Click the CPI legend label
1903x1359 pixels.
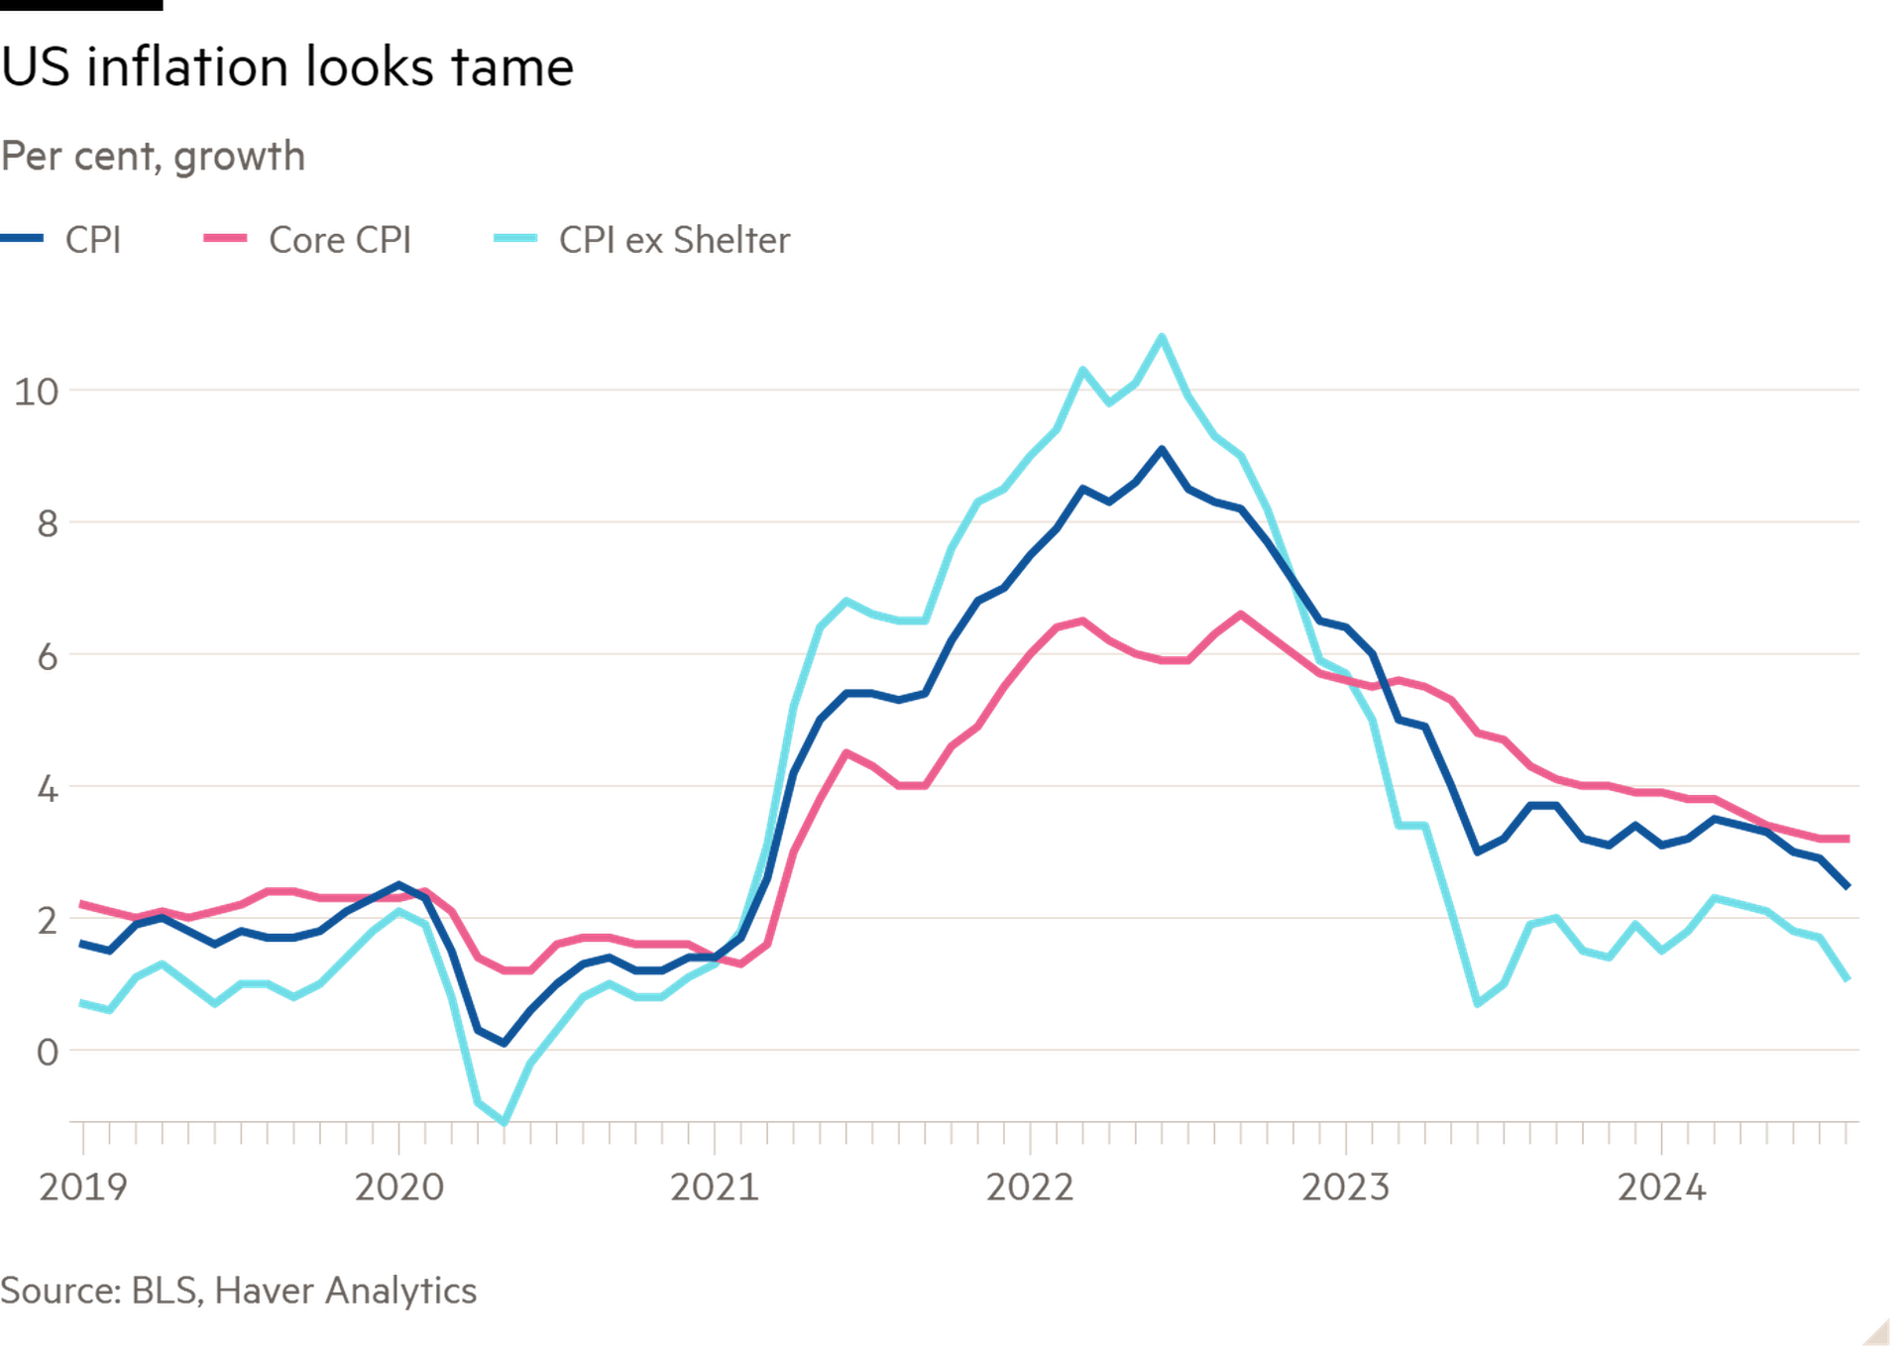[93, 240]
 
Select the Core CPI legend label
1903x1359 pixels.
[339, 240]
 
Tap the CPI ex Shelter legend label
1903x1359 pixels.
[674, 240]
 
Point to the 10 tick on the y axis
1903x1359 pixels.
[37, 392]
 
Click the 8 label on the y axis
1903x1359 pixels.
[47, 523]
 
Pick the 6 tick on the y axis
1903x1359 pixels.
[47, 656]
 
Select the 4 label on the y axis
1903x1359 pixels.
[47, 789]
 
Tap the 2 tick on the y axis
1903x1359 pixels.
[47, 921]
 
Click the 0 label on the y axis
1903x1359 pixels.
[47, 1052]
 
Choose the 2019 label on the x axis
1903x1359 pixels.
[82, 1187]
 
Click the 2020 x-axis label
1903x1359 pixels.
[398, 1187]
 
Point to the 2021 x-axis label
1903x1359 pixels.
[715, 1187]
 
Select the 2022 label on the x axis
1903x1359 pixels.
[1030, 1187]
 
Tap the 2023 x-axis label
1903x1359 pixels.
[1345, 1187]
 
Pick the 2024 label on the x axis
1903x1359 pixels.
[1661, 1187]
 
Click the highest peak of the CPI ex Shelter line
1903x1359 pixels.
[1162, 336]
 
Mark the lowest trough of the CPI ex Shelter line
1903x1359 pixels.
[504, 1122]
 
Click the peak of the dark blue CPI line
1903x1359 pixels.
[1162, 449]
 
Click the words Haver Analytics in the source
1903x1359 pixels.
[345, 1291]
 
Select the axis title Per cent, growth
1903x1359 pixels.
[154, 157]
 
